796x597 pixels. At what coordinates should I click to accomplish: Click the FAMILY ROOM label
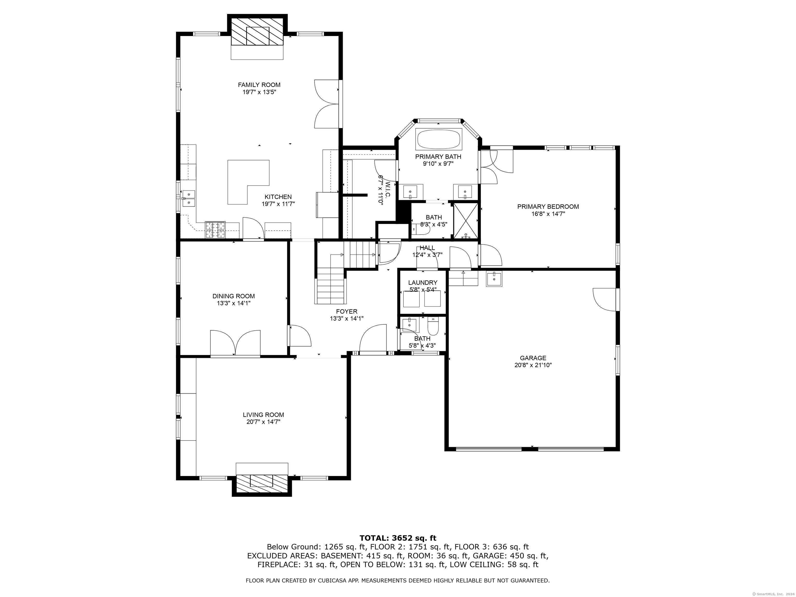259,85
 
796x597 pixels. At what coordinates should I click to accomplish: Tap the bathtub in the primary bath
439,139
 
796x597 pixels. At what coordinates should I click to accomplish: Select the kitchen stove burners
215,230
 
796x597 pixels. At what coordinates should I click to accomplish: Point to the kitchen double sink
189,199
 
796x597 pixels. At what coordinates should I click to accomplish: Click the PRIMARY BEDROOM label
548,207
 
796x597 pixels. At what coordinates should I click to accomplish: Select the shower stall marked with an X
466,221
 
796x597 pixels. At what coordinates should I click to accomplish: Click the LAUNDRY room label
423,283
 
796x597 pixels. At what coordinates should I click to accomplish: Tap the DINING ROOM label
233,296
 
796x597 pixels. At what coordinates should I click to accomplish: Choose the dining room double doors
235,343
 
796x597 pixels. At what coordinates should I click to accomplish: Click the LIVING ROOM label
264,415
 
